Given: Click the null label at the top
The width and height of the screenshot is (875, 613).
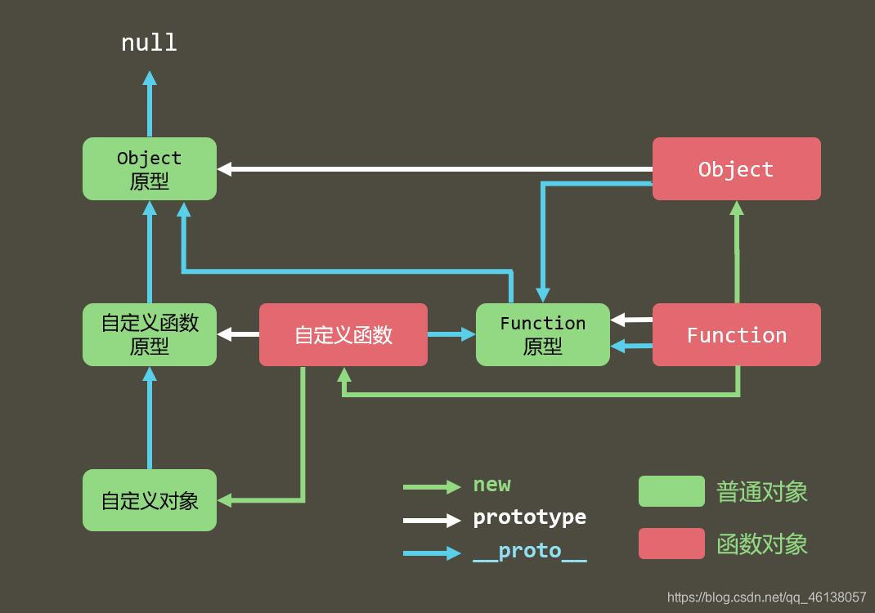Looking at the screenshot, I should click(x=149, y=43).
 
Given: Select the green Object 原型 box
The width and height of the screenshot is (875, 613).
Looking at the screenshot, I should click(x=150, y=169).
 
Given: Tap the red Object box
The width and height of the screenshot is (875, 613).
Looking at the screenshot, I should click(x=736, y=169).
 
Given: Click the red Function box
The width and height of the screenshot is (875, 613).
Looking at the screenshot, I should click(x=736, y=335).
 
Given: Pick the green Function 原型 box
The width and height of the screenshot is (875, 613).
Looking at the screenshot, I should click(x=543, y=335).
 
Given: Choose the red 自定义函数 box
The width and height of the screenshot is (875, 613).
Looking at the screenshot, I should click(x=343, y=335).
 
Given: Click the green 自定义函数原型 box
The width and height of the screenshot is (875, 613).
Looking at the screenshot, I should click(x=150, y=335).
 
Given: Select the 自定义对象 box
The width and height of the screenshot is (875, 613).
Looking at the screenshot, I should click(x=150, y=500).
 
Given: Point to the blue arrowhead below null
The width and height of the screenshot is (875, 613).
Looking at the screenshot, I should click(x=150, y=78).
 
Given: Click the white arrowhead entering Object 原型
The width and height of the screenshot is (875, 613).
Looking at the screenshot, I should click(x=225, y=169).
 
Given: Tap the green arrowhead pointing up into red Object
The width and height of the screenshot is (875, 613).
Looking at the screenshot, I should click(x=737, y=208).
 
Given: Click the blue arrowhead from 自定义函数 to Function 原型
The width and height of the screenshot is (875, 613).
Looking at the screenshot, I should click(x=469, y=334).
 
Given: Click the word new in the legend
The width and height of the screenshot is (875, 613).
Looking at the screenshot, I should click(x=491, y=485).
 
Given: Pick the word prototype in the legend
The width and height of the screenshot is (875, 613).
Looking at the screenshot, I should click(x=529, y=517).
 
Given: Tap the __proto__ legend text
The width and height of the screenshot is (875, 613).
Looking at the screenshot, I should click(x=529, y=551).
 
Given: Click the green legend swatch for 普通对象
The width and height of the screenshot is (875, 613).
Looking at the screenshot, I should click(x=671, y=491).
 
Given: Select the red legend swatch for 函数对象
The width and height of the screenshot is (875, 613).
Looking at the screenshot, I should click(x=671, y=544).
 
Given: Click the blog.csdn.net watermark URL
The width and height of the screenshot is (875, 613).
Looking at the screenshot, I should click(x=766, y=597).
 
